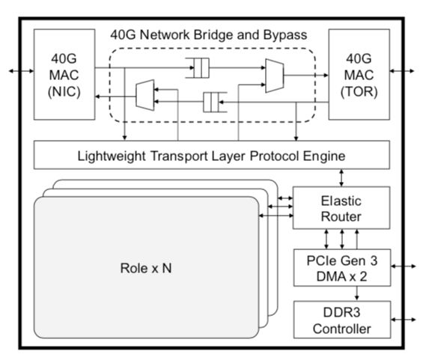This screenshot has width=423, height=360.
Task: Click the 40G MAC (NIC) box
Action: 64,74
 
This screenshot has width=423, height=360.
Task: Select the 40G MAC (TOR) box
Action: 359,74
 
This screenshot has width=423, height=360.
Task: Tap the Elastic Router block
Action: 341,208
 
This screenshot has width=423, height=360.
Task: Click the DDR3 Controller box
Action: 342,320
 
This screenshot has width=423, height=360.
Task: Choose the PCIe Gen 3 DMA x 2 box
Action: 342,268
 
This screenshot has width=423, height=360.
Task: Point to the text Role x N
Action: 146,268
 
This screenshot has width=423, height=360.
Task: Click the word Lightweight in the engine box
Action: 112,156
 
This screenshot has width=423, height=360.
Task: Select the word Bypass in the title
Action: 285,35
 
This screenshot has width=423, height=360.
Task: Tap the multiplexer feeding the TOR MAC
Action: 275,76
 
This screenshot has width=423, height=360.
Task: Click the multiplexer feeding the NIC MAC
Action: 145,95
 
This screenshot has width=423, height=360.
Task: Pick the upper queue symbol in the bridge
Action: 198,68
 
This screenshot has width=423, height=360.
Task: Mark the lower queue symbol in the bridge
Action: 215,103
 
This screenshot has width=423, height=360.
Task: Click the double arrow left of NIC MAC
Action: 21,71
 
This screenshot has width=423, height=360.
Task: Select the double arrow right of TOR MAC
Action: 402,71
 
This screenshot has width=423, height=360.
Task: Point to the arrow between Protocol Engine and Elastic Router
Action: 341,177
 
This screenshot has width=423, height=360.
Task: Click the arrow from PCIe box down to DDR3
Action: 357,293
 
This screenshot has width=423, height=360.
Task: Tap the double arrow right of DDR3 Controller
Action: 404,320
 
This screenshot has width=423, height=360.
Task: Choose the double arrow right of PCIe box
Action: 404,266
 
